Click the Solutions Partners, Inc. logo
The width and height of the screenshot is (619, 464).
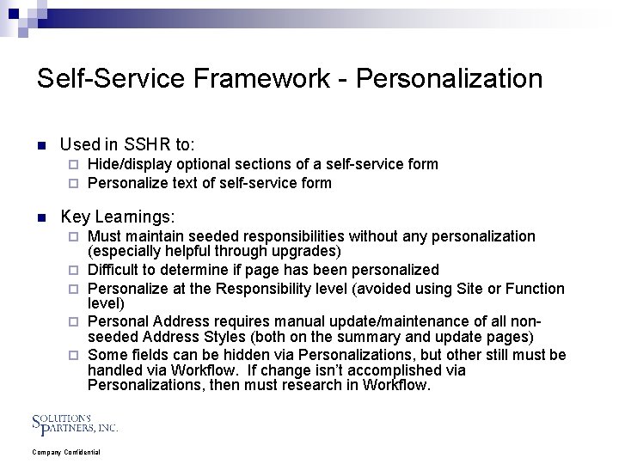click(75, 423)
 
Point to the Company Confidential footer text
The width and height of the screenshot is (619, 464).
click(66, 452)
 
